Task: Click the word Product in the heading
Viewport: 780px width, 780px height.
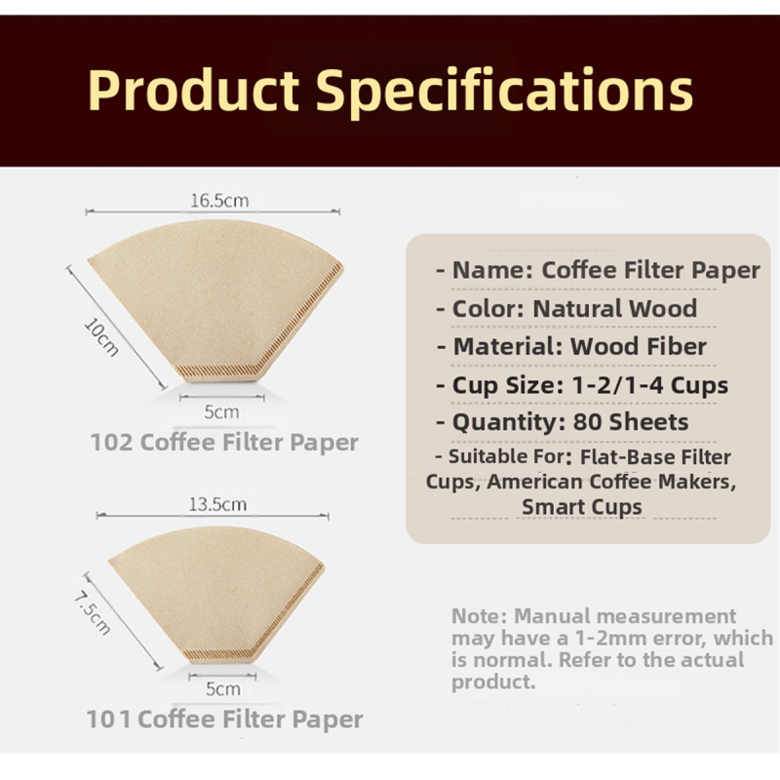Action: (193, 90)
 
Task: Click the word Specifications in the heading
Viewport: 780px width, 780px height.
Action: (504, 90)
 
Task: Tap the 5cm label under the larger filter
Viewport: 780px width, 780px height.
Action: (221, 411)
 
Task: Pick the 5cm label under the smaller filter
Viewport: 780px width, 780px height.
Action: (223, 688)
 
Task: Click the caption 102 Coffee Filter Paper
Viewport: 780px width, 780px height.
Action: (224, 443)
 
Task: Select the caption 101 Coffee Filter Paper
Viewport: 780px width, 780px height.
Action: (224, 721)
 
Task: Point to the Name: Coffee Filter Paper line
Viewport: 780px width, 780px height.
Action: (598, 270)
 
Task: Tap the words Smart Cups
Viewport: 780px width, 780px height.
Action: (581, 507)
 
